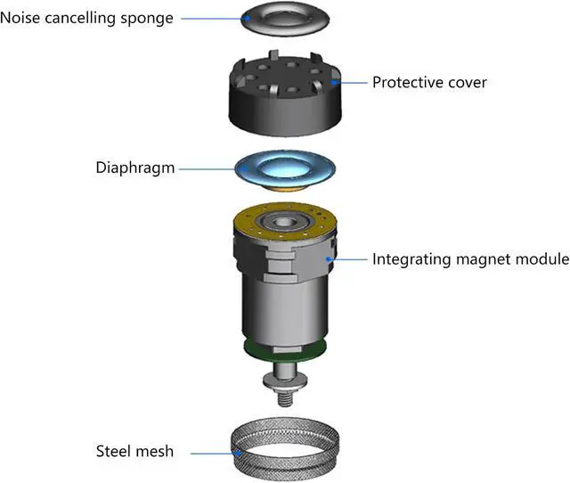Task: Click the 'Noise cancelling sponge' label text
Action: [x=87, y=17]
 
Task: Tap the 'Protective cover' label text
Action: [x=429, y=82]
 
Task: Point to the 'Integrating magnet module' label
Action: [x=470, y=259]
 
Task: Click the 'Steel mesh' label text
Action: [x=134, y=451]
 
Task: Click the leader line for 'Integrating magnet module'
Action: [x=350, y=259]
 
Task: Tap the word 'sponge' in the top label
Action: [x=147, y=17]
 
